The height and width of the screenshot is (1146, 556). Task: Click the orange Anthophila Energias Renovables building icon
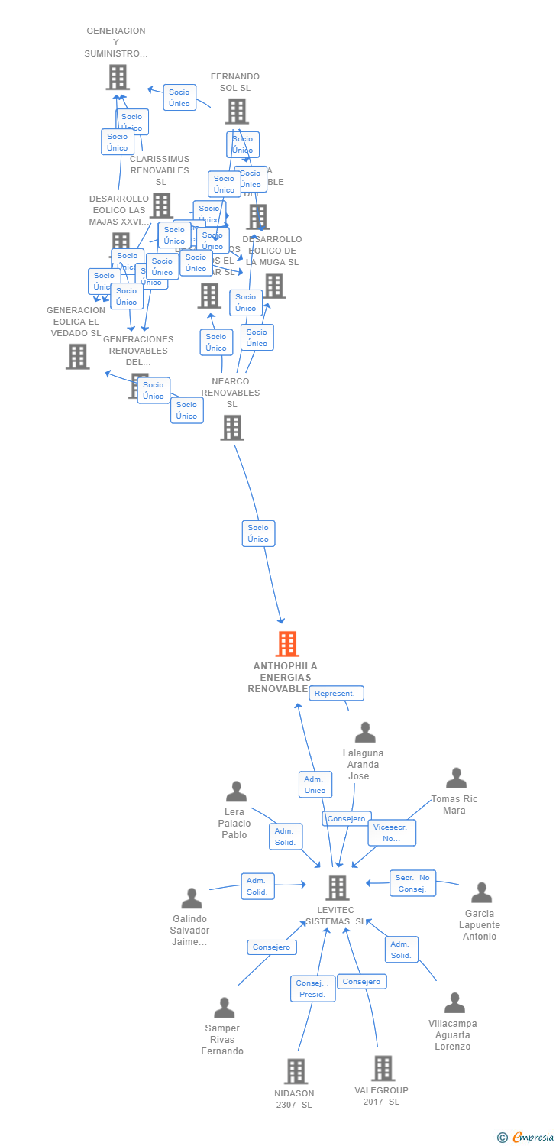[287, 644]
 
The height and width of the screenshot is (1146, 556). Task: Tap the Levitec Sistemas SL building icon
[338, 887]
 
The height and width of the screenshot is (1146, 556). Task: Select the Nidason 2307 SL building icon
[296, 1071]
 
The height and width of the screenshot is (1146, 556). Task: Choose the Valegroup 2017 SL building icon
[383, 1068]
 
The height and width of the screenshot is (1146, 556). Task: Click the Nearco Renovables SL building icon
[232, 428]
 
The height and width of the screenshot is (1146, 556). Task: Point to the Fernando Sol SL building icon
[236, 112]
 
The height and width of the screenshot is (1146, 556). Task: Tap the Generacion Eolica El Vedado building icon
[77, 356]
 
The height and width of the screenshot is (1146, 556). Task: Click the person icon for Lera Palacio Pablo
[236, 792]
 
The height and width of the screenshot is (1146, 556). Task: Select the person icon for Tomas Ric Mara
[456, 778]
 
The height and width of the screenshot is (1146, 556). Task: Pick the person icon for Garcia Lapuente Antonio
[481, 892]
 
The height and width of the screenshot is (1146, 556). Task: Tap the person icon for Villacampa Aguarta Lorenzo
[454, 1002]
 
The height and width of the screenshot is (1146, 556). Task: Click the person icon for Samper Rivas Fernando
[224, 1008]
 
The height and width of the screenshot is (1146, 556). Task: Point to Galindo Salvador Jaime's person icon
[192, 898]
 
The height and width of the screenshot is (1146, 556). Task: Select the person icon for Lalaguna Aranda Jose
[365, 733]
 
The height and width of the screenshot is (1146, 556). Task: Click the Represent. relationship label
[336, 694]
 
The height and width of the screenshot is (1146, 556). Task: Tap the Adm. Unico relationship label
[315, 785]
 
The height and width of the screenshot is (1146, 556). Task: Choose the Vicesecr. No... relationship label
[392, 833]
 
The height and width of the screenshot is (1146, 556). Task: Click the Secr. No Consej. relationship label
[413, 883]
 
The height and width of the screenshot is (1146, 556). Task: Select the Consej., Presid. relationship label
[312, 989]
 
